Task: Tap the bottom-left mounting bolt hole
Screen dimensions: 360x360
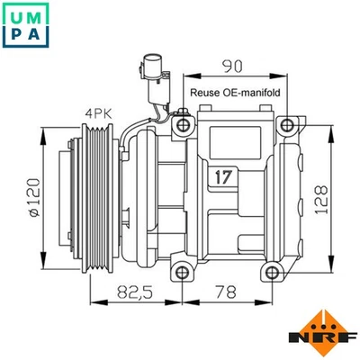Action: [x=183, y=271]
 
